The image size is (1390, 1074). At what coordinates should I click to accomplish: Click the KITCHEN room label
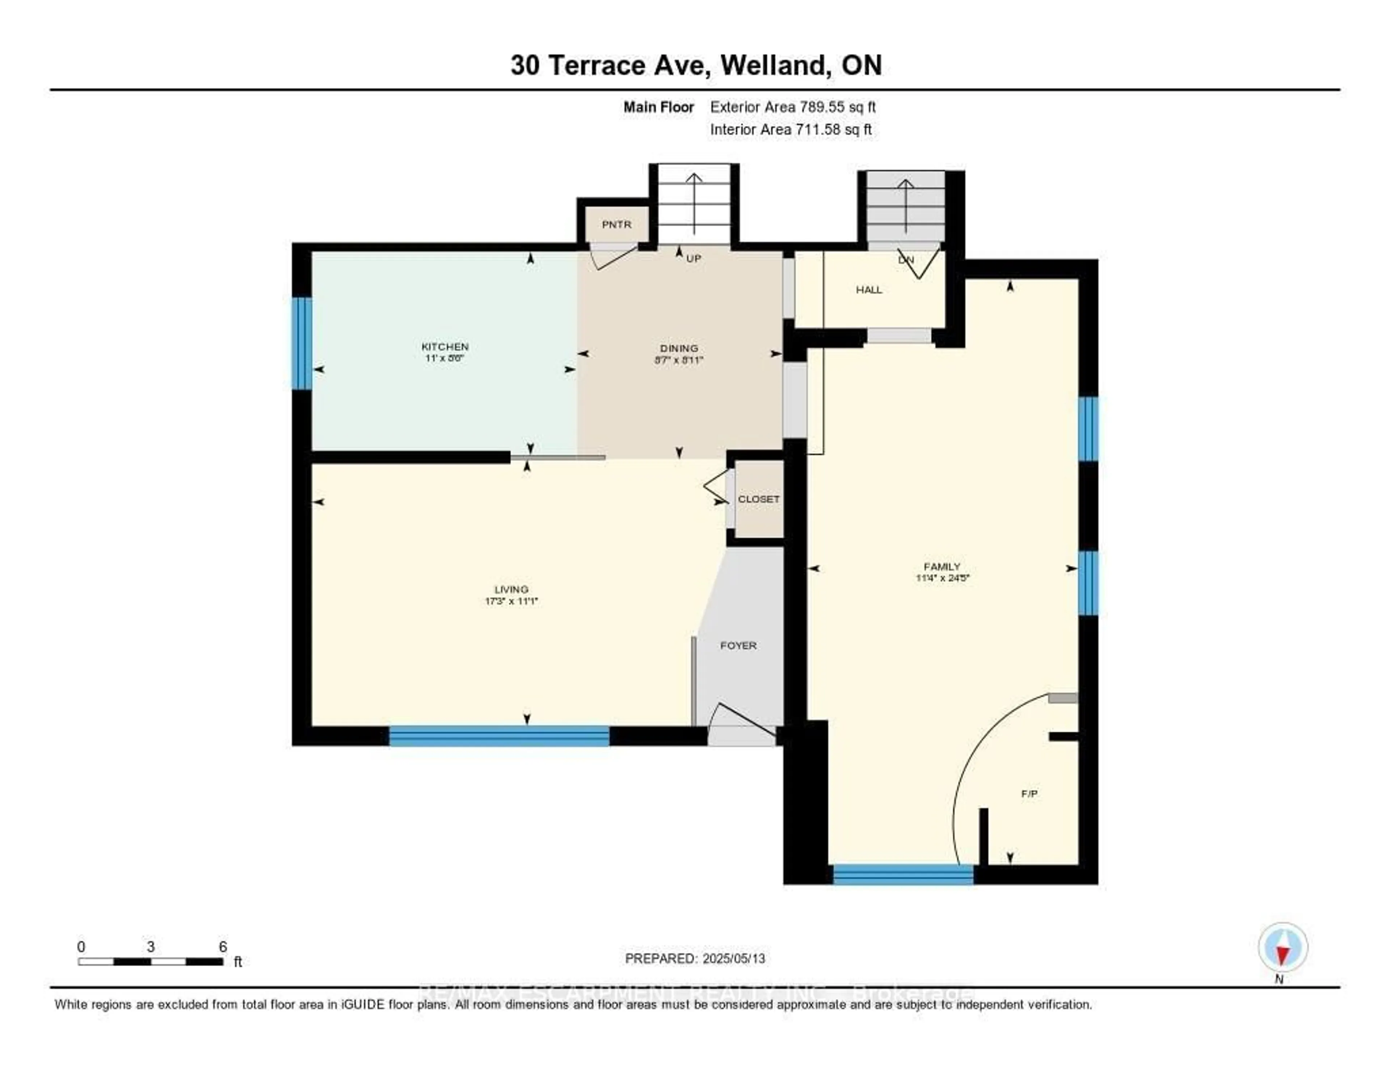click(x=445, y=346)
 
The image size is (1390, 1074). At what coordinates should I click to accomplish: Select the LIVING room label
click(x=511, y=590)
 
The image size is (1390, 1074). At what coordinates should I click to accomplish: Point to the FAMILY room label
click(x=942, y=567)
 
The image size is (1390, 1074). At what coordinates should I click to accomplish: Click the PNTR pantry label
click(x=616, y=225)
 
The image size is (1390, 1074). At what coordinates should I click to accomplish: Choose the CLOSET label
click(x=758, y=499)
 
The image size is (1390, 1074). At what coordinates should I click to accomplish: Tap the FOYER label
click(x=738, y=646)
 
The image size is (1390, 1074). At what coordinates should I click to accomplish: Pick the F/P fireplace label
click(x=1029, y=794)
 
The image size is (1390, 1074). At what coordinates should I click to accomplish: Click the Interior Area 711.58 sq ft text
click(x=791, y=130)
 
